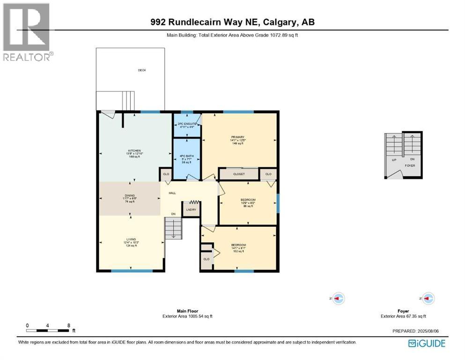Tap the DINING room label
click(130, 195)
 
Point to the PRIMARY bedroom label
click(237, 137)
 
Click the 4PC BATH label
click(186, 155)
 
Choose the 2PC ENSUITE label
click(186, 123)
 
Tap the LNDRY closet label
click(191, 210)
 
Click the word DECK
click(142, 70)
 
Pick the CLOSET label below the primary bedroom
click(239, 174)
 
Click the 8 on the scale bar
click(69, 325)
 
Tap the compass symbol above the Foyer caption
click(428, 298)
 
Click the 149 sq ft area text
click(237, 143)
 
